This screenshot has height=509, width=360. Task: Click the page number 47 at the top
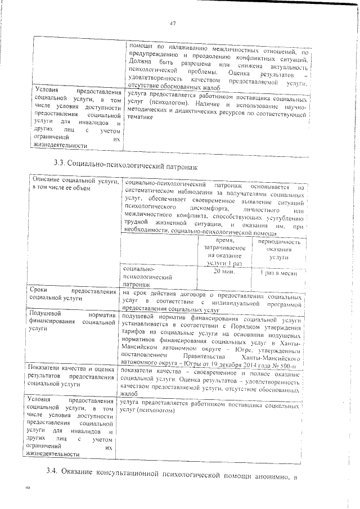[173, 23]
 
